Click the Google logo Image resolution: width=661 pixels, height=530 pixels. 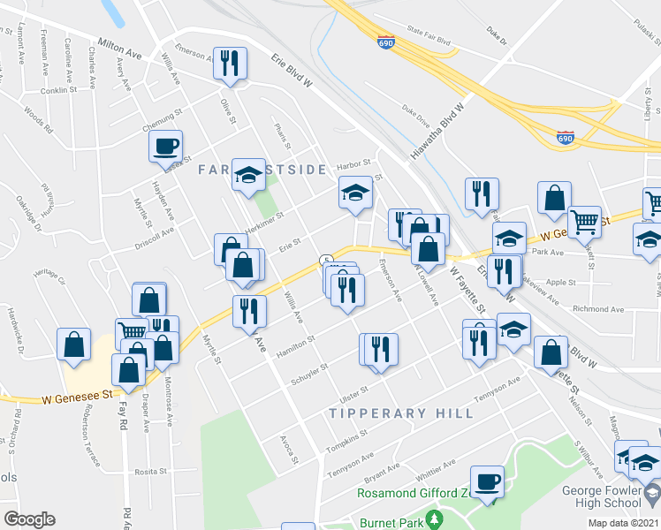pyautogui.click(x=29, y=519)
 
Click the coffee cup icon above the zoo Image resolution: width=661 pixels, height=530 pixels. pyautogui.click(x=487, y=482)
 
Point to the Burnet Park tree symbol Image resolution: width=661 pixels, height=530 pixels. pyautogui.click(x=433, y=516)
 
